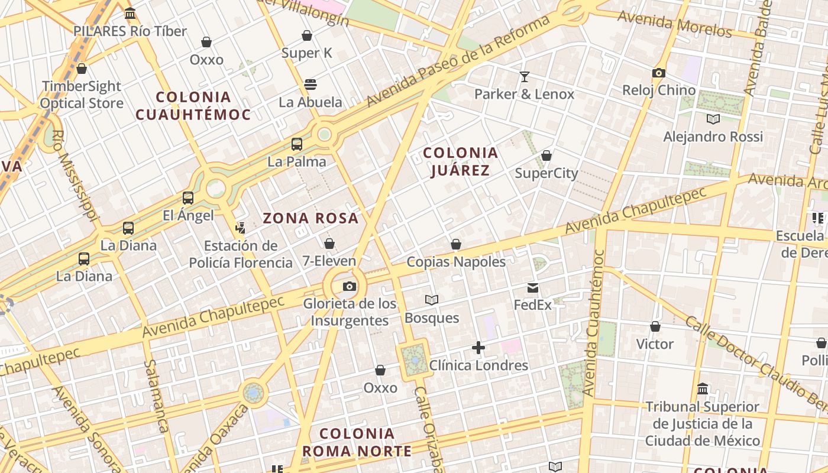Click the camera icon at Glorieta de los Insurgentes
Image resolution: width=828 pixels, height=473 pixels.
point(350,287)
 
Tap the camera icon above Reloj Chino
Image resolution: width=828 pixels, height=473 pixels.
point(658,73)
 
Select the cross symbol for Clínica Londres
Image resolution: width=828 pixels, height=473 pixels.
point(478,348)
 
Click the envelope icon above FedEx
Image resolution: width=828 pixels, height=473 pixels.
point(533,288)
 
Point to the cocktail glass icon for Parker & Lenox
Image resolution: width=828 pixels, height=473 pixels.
point(524,76)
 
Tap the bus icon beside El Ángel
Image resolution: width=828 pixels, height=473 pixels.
point(188,198)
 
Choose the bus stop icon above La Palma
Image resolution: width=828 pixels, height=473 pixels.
point(297,144)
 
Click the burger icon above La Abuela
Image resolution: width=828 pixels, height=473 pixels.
point(310,85)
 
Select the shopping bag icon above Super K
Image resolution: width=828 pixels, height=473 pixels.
point(307,36)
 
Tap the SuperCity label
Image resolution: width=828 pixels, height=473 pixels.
point(546,173)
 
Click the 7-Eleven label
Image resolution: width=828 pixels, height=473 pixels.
point(329,261)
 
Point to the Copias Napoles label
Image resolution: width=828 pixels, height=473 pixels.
point(456,261)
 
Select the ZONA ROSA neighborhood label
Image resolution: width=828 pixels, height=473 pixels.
point(310,218)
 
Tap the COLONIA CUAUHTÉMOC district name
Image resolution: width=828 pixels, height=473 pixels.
point(193,105)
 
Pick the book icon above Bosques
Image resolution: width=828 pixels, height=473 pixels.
point(432,300)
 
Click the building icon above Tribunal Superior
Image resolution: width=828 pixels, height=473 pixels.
point(703,389)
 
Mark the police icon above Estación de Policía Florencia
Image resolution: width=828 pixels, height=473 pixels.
point(240,228)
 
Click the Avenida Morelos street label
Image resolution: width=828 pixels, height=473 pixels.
point(674,25)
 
